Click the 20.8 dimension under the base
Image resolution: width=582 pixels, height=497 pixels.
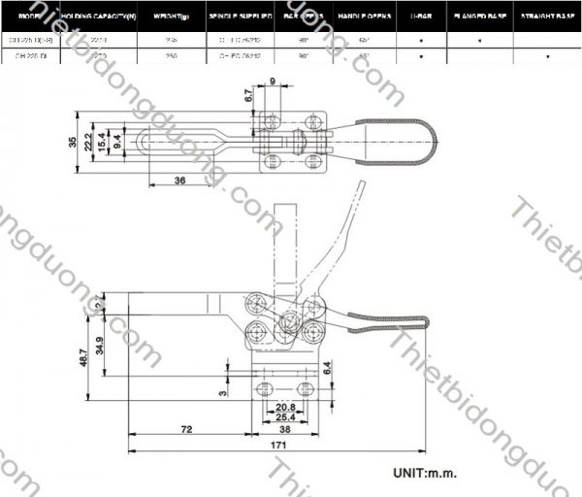(x=286, y=407)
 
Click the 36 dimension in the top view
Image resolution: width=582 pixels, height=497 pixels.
(x=179, y=180)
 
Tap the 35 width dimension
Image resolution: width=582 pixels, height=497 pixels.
(x=73, y=142)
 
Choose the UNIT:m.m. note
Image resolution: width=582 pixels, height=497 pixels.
(x=424, y=473)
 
